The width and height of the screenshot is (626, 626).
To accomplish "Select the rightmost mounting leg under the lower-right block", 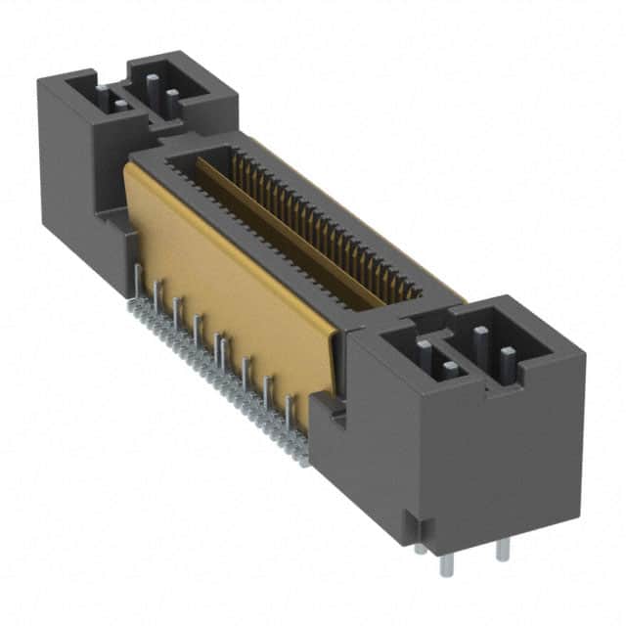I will pyautogui.click(x=503, y=549).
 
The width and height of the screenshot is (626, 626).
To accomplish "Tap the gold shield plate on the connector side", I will pyautogui.click(x=235, y=293).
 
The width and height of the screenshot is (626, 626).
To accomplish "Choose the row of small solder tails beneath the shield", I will pyautogui.click(x=215, y=372).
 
